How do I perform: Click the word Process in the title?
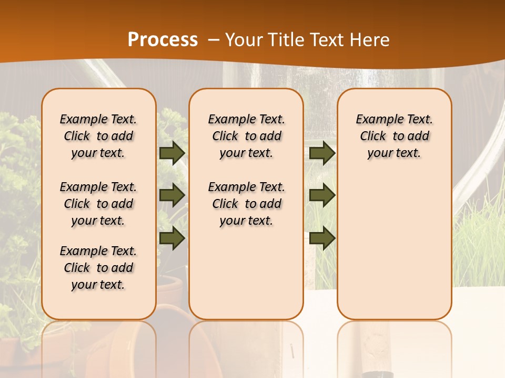[x=163, y=40]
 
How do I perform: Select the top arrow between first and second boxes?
[x=171, y=153]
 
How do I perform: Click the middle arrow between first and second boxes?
[x=171, y=195]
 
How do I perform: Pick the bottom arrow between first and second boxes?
[x=171, y=238]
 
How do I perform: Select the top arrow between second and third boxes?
[x=322, y=153]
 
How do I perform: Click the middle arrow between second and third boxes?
[x=322, y=195]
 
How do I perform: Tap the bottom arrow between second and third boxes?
[x=322, y=238]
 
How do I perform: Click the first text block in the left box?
[x=98, y=136]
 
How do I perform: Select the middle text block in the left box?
[x=98, y=204]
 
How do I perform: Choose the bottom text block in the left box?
[x=98, y=268]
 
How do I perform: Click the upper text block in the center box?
[x=246, y=136]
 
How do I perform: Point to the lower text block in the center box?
[x=246, y=204]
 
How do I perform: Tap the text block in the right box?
[x=394, y=136]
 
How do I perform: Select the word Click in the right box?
[x=373, y=136]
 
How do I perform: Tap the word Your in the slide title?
[x=244, y=40]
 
